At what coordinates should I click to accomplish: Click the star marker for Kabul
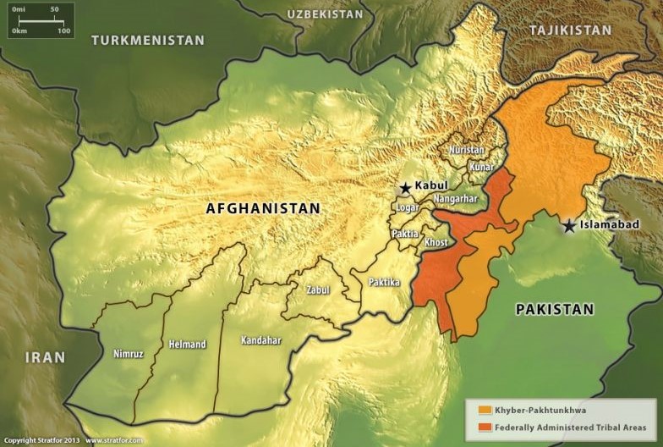point(405,188)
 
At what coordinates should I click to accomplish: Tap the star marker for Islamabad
point(570,226)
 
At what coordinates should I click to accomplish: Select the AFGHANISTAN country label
point(263,208)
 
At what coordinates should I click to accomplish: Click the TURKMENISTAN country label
point(148,40)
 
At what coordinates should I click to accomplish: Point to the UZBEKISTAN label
point(325,14)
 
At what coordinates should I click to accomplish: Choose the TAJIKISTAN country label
point(570,30)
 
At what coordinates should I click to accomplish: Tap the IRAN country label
point(45,357)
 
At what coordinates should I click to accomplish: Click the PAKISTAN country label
point(555,309)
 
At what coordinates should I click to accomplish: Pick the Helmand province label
point(187,345)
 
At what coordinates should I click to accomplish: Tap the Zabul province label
point(318,290)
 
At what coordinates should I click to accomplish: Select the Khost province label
point(436,243)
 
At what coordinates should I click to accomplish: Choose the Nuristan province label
point(467,150)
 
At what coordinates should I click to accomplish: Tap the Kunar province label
point(481,168)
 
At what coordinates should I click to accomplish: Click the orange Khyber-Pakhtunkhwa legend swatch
point(485,410)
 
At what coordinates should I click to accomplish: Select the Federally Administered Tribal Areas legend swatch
point(485,427)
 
